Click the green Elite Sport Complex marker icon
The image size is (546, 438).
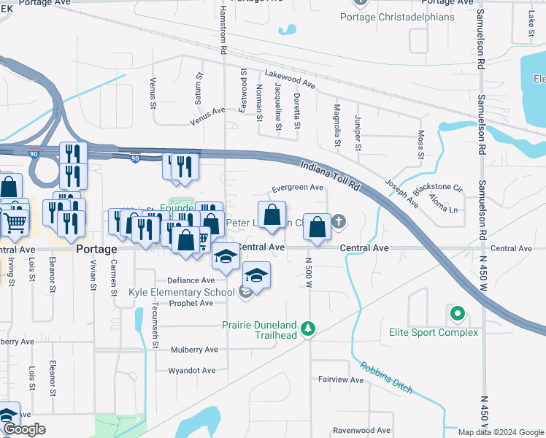point(458,315)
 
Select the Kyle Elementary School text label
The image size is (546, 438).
point(181,292)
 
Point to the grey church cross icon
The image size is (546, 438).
point(339,220)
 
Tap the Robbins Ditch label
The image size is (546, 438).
point(385,377)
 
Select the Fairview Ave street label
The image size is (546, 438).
point(340,380)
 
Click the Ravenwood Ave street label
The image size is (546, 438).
point(361,431)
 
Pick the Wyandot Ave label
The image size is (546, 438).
point(191,370)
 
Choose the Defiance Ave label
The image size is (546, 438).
point(191,280)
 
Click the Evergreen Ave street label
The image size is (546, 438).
point(297,188)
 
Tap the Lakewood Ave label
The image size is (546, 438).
point(290,79)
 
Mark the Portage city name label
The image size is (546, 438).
point(96,249)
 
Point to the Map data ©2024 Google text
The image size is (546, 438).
point(500,432)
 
